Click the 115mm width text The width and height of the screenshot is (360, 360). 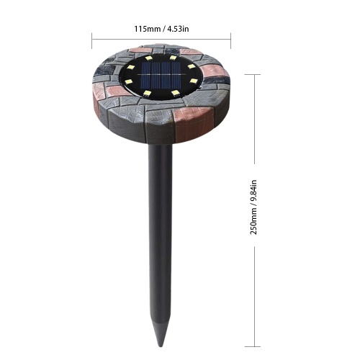[147, 29]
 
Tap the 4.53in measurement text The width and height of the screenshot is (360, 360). [178, 29]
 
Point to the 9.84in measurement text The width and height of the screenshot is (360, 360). [254, 192]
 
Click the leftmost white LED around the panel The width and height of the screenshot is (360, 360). [129, 81]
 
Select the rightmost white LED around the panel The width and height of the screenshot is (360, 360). [194, 81]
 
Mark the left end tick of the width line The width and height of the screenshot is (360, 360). [92, 40]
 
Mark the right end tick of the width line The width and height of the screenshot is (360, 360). [230, 40]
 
